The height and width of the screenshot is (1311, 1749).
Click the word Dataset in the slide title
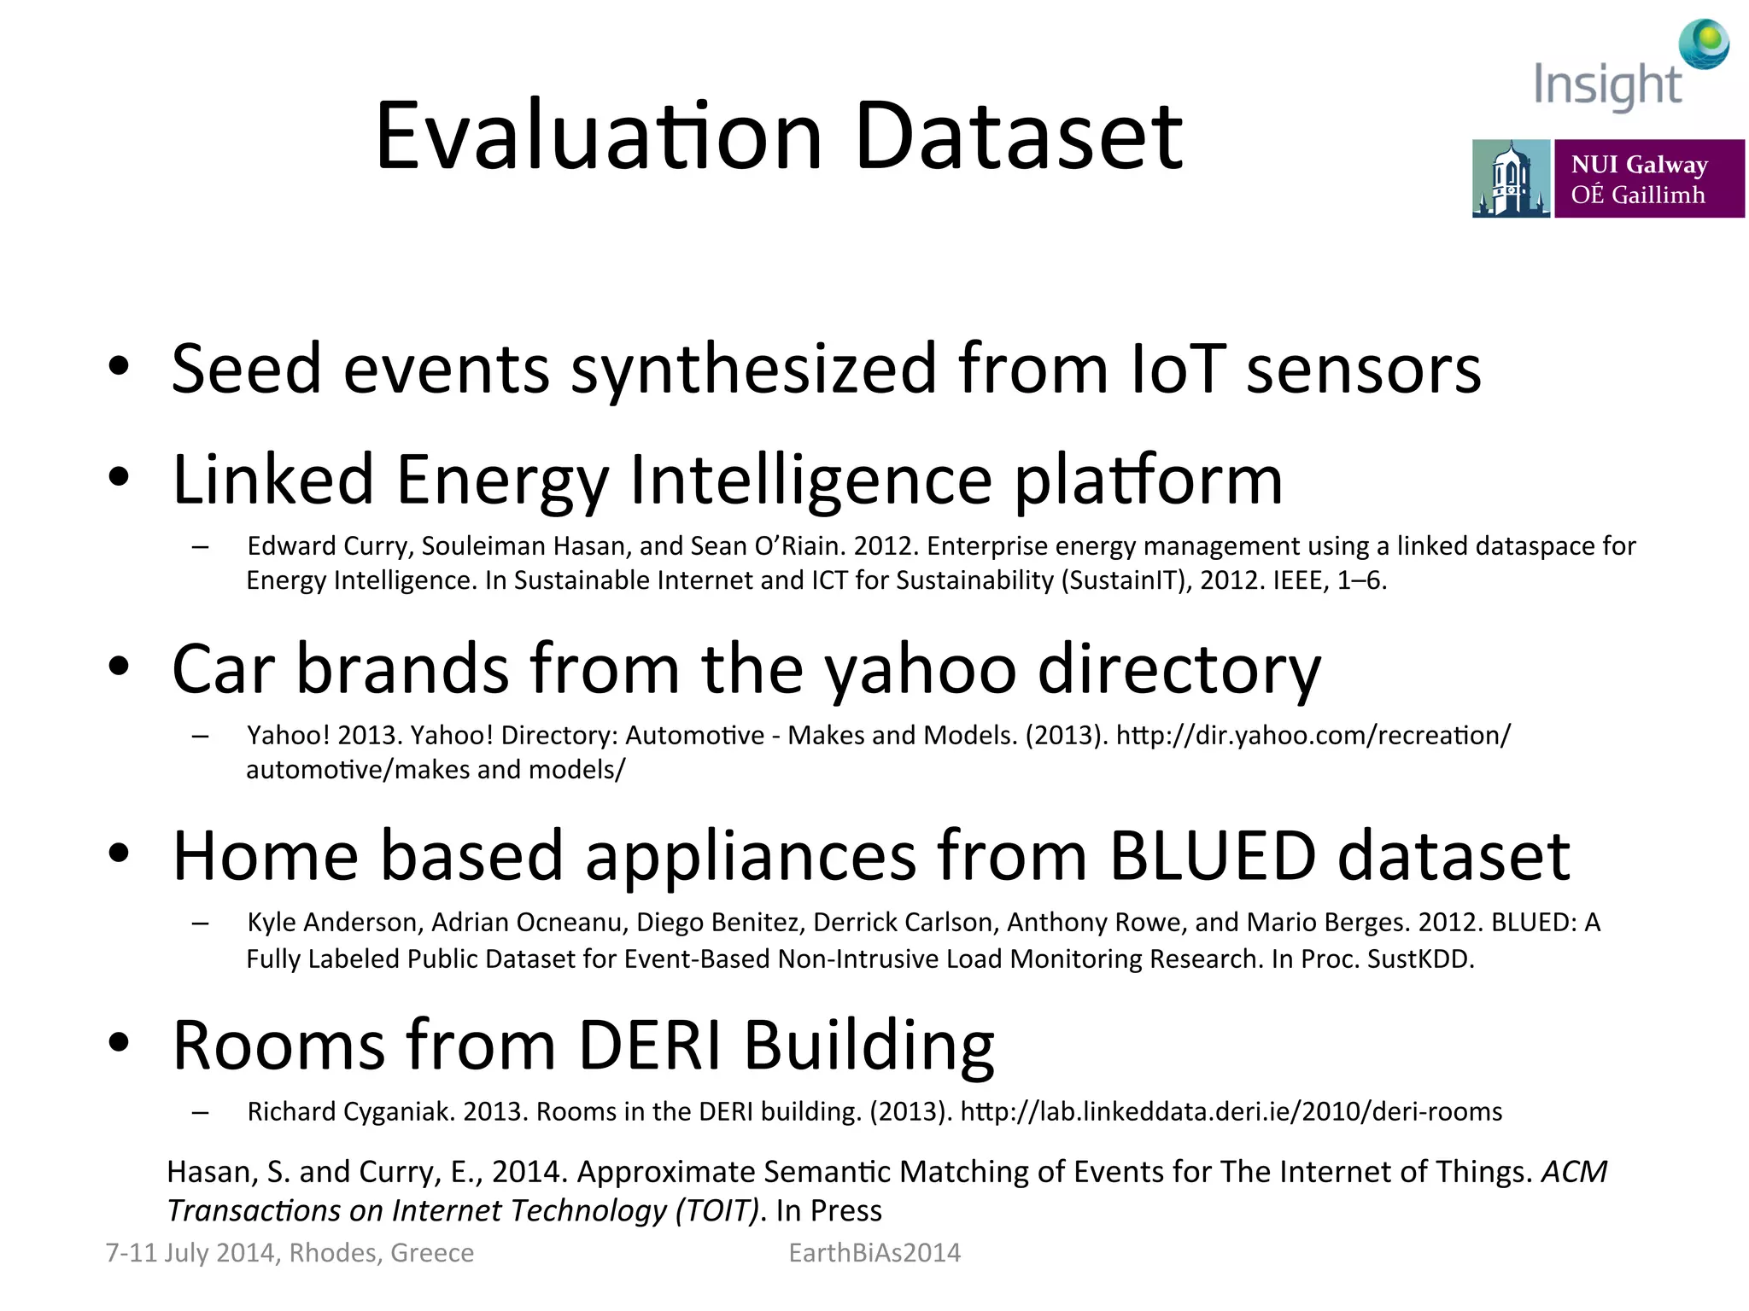pos(1018,137)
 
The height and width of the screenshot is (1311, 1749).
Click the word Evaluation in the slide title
pos(598,137)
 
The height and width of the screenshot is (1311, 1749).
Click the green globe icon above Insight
pos(1704,43)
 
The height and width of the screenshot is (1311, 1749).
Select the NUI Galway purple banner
pos(1648,179)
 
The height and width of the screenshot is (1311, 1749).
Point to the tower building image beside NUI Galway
pos(1510,179)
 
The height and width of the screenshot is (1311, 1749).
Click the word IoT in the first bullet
pos(1178,369)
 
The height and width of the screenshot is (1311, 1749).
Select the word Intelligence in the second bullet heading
pos(811,480)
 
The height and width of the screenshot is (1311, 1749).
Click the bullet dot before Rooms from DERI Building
pos(119,1042)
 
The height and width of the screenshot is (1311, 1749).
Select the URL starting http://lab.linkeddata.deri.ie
pos(1231,1111)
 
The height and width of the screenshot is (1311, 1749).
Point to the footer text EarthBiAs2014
pos(874,1252)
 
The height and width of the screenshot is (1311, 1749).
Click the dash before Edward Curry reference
pos(201,547)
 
